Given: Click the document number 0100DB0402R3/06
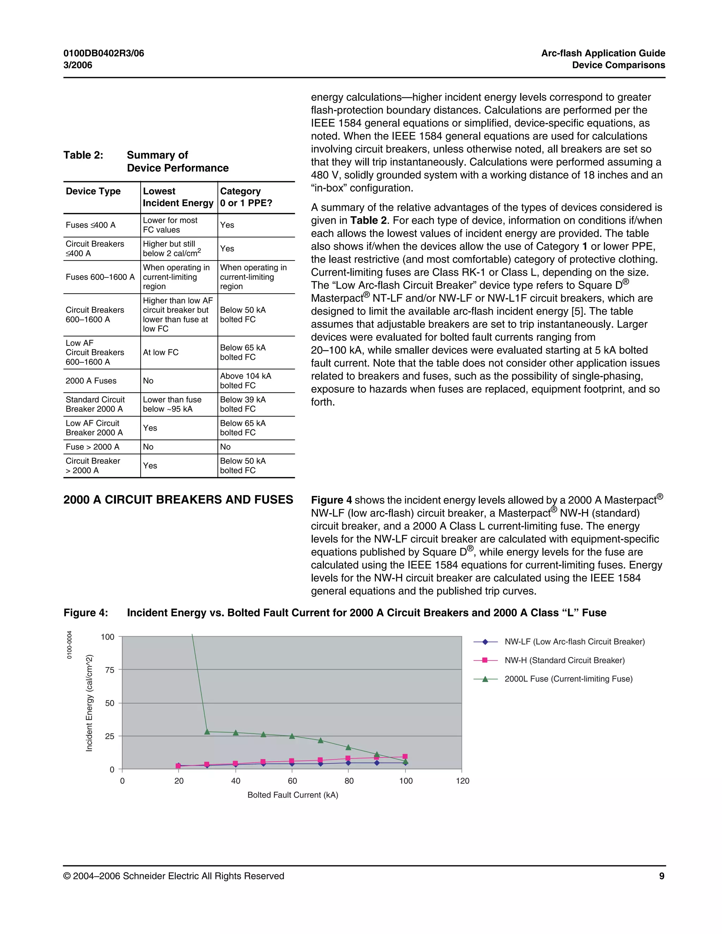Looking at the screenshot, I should coord(104,54).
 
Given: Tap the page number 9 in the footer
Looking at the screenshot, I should coord(661,876).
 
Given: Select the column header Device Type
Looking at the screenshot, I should coord(93,191).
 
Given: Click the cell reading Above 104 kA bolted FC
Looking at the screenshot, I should coord(245,381).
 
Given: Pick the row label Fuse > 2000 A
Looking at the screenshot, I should coord(92,447).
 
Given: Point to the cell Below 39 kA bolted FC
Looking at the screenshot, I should coord(243,404).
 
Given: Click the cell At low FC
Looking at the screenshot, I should coord(160,352).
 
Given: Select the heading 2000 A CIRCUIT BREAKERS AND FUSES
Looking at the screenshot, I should coord(178,499).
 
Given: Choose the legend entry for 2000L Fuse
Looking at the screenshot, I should coord(568,679).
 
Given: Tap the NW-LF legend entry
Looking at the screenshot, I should coord(574,641).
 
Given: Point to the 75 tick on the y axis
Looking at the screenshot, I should coord(110,670).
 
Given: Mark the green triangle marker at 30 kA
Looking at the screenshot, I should coord(207,732).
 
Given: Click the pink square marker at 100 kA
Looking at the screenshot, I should coord(405,756).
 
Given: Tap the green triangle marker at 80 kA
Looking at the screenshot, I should coord(348,748).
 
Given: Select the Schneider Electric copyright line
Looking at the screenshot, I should coord(174,876).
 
